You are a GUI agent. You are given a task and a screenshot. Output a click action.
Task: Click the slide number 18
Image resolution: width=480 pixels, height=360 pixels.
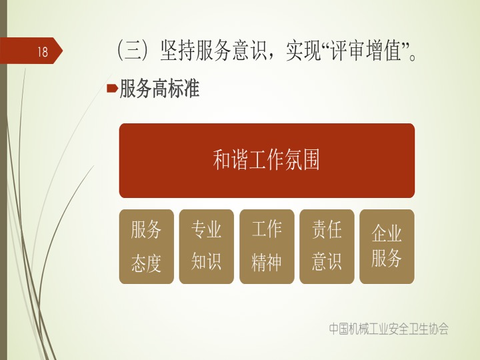pyautogui.click(x=43, y=51)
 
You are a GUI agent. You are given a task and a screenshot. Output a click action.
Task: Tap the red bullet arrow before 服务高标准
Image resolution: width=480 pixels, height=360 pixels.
pyautogui.click(x=112, y=89)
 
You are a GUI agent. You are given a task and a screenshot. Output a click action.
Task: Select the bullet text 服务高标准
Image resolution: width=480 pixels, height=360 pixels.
pyautogui.click(x=159, y=89)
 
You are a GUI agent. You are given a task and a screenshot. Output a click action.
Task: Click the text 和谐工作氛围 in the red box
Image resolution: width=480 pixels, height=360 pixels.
pyautogui.click(x=266, y=160)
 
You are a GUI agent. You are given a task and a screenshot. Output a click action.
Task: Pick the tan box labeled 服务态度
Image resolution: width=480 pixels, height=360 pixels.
pyautogui.click(x=146, y=247)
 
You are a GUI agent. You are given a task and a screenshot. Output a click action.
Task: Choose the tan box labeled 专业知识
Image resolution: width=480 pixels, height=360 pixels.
pyautogui.click(x=206, y=247)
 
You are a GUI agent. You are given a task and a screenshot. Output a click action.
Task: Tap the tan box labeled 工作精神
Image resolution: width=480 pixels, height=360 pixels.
pyautogui.click(x=267, y=247)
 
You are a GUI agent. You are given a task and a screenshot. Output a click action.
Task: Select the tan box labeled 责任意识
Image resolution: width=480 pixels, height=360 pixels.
pyautogui.click(x=327, y=247)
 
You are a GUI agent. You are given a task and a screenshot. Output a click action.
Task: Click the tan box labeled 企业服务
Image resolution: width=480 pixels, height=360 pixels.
pyautogui.click(x=387, y=247)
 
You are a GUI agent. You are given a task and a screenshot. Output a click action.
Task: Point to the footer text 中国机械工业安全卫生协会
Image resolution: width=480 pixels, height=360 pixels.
pyautogui.click(x=389, y=329)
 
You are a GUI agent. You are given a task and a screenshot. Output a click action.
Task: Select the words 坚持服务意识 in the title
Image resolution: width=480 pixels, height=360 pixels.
pyautogui.click(x=214, y=51)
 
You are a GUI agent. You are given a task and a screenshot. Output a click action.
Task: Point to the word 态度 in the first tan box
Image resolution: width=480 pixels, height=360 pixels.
pyautogui.click(x=146, y=263)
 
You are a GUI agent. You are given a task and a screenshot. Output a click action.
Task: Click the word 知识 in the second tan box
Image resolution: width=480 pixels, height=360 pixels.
pyautogui.click(x=206, y=261)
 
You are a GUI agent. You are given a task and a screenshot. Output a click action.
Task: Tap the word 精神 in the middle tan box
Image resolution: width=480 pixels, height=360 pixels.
pyautogui.click(x=266, y=263)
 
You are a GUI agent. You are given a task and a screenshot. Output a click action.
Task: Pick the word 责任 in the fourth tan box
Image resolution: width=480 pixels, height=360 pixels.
pyautogui.click(x=326, y=229)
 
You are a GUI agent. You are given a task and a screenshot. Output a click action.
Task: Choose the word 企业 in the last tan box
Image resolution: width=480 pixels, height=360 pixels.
pyautogui.click(x=386, y=233)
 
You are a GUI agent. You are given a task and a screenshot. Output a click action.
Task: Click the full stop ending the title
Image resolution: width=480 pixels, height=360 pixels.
pyautogui.click(x=412, y=57)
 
